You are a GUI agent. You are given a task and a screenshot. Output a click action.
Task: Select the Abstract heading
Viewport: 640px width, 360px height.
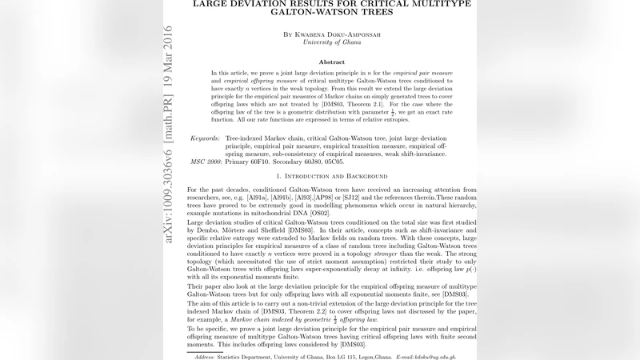(x=331, y=61)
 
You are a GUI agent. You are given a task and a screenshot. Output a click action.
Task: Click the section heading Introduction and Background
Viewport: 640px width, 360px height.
(x=331, y=175)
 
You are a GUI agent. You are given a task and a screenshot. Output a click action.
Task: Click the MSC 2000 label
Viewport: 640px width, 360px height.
(x=206, y=162)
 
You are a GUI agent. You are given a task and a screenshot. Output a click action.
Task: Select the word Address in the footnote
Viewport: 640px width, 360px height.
(x=207, y=357)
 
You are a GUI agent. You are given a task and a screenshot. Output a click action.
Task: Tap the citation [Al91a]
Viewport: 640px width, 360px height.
(x=259, y=198)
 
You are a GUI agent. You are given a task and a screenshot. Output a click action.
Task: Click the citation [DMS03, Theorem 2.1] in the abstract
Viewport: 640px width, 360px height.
(x=345, y=104)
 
